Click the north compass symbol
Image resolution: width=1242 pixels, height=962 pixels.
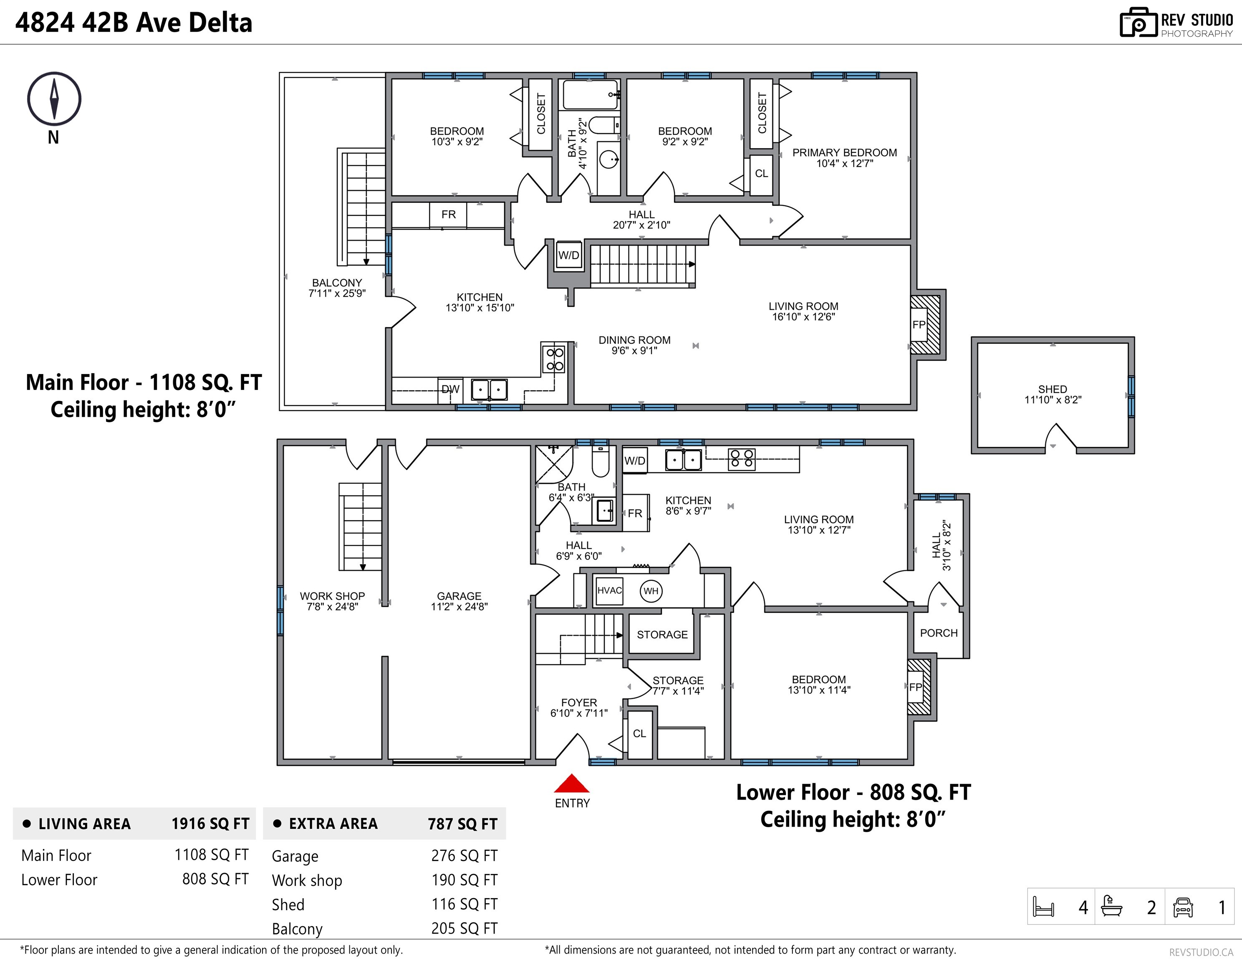tap(54, 99)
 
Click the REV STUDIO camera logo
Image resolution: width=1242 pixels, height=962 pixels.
tap(1138, 23)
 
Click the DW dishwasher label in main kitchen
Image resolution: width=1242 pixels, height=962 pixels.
tap(450, 390)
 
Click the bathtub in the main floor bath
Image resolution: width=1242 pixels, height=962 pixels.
tap(590, 94)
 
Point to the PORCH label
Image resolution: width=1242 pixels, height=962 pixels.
tap(939, 633)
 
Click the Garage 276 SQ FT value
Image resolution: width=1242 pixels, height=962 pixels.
tap(464, 856)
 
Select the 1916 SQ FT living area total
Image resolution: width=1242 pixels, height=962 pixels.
tap(210, 824)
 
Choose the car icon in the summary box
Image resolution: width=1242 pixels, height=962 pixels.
tap(1183, 907)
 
